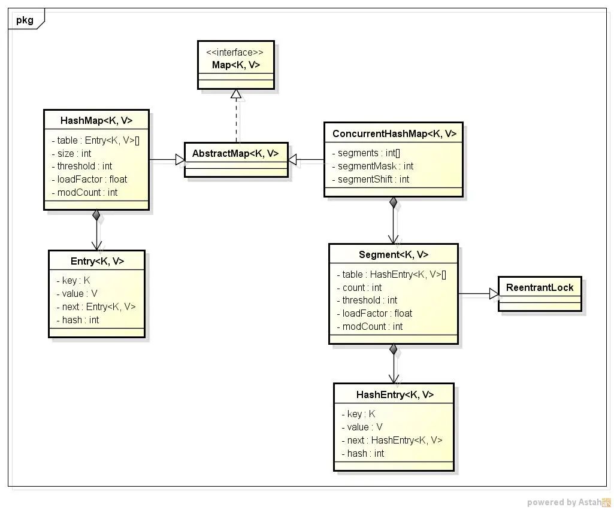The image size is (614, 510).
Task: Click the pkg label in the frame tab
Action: coord(25,20)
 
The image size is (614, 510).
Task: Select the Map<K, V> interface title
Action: coord(236,65)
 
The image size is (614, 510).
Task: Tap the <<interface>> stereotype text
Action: coord(235,53)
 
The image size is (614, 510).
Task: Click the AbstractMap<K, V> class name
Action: coord(235,153)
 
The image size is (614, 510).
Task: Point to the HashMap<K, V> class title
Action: coord(96,120)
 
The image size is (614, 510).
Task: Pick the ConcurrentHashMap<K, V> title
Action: coord(394,134)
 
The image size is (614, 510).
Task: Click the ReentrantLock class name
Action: coord(540,288)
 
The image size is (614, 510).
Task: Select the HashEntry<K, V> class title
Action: coord(395,395)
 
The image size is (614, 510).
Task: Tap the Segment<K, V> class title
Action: coord(394,255)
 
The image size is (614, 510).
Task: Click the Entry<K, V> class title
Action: coord(97,262)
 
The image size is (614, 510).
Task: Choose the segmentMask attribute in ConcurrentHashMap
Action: coord(373,166)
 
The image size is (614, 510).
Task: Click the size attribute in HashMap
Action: coord(71,153)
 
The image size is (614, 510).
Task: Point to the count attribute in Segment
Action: coord(359,288)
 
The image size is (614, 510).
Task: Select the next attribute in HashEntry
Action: coord(392,441)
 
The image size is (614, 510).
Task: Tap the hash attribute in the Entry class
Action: coord(77,320)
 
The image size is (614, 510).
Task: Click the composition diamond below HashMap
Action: coord(96,215)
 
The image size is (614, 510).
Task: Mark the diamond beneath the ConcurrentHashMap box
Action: coord(394,203)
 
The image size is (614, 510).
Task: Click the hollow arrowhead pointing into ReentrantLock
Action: coord(494,293)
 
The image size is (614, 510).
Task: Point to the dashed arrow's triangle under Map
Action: coord(236,94)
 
